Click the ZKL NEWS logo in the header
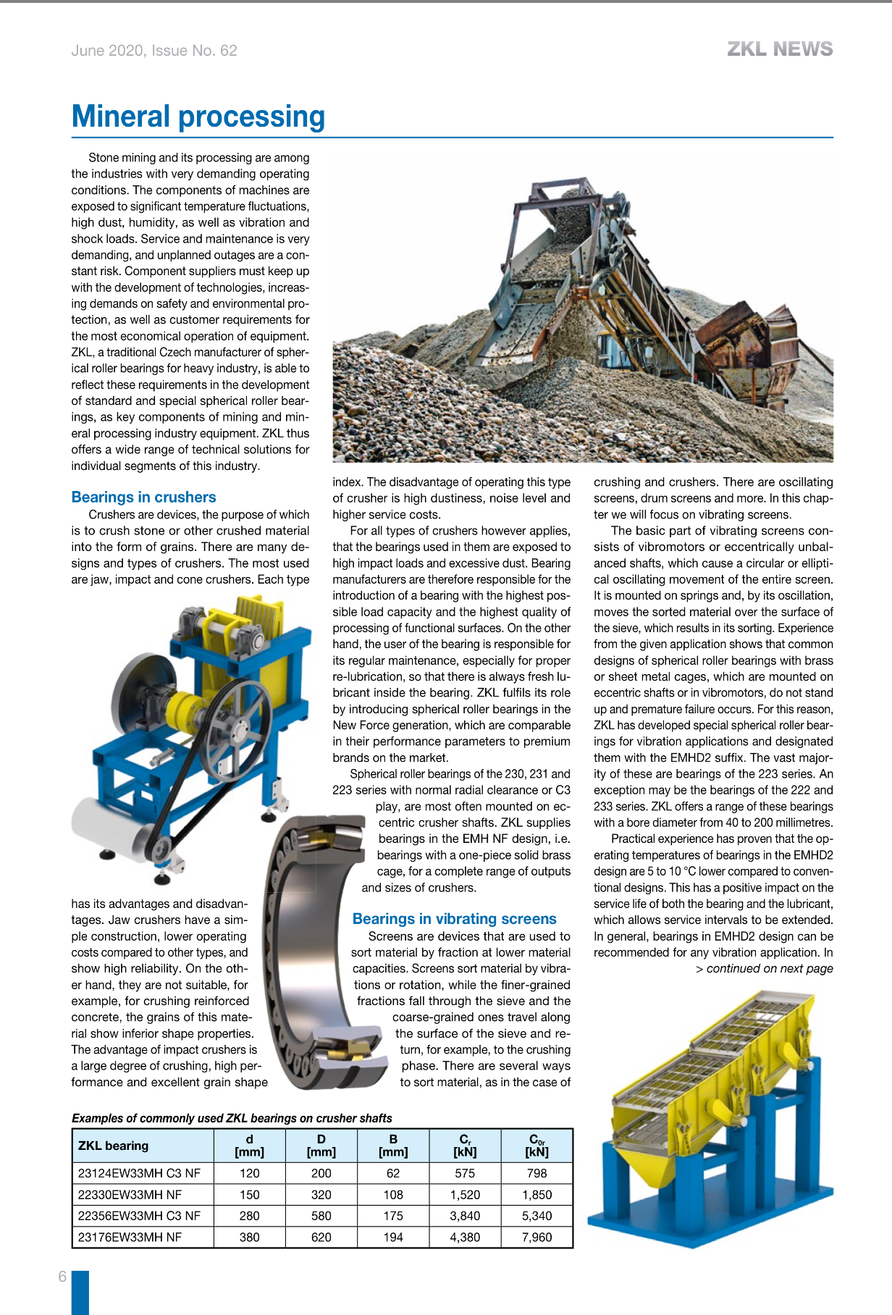click(780, 49)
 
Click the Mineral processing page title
click(198, 117)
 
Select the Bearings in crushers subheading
click(143, 497)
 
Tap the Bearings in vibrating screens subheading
click(454, 919)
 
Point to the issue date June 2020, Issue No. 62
click(154, 51)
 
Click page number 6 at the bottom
click(62, 1277)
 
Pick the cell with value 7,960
click(537, 1238)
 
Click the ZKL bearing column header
click(113, 1146)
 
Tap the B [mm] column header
click(393, 1146)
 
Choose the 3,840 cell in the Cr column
click(465, 1216)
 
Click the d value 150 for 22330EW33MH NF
click(250, 1195)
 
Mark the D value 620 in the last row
click(321, 1238)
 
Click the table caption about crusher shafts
click(232, 1118)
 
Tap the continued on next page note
click(765, 969)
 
